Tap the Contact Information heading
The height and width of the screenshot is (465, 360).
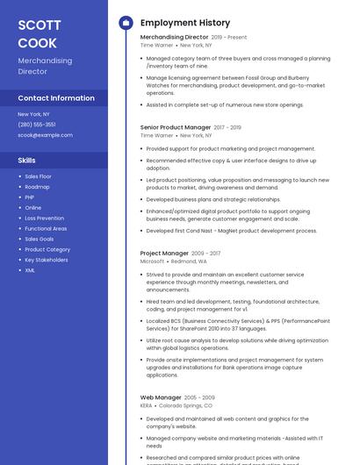(x=56, y=98)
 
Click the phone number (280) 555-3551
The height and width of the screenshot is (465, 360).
(x=37, y=125)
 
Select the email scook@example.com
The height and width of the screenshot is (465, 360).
(x=45, y=135)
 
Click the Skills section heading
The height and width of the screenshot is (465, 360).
(x=27, y=161)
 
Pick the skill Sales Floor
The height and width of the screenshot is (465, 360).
(x=38, y=176)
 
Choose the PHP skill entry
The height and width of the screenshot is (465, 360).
(x=30, y=197)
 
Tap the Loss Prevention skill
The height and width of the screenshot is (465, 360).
(x=44, y=218)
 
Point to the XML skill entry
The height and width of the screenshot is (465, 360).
(x=30, y=270)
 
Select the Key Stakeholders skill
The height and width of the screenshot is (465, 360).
(x=47, y=260)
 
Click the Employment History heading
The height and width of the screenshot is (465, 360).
(x=185, y=23)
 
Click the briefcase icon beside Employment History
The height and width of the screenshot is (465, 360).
(x=125, y=23)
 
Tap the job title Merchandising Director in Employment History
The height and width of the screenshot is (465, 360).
(x=174, y=38)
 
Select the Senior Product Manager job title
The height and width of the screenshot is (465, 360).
(x=175, y=127)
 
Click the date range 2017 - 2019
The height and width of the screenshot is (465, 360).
(x=227, y=128)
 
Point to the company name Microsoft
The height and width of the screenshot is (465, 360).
(x=152, y=261)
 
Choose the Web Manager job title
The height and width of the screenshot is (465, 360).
(x=161, y=397)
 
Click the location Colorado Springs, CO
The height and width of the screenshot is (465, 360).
(x=185, y=406)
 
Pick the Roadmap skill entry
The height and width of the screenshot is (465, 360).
(x=37, y=187)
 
